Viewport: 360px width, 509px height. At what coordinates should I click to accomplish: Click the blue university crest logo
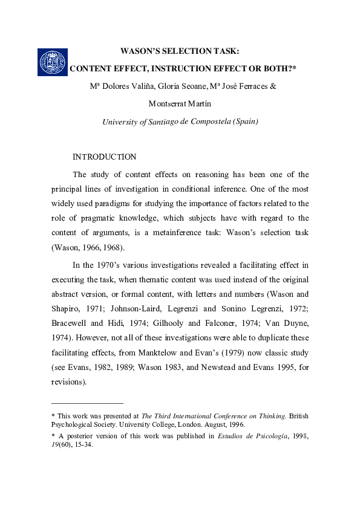51,60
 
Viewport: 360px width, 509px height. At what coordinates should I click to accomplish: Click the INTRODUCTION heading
104,157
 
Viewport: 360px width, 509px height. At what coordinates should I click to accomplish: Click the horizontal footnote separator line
87,403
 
